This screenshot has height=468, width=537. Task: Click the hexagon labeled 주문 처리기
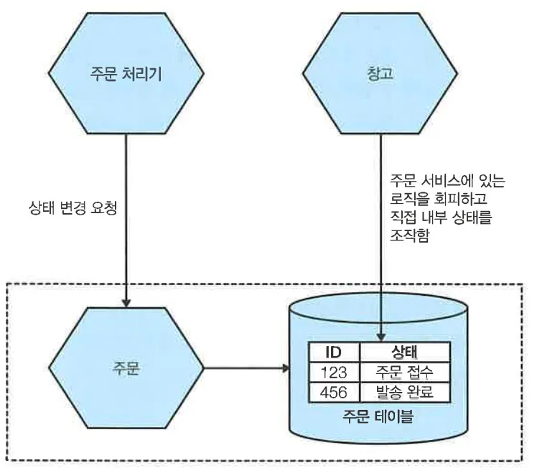click(126, 74)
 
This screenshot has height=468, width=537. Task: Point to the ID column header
click(333, 352)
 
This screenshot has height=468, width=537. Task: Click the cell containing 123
click(333, 372)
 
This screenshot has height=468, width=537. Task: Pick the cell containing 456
click(333, 392)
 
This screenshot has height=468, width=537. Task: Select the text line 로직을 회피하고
click(431, 197)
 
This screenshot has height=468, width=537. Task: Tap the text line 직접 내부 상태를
click(439, 215)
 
